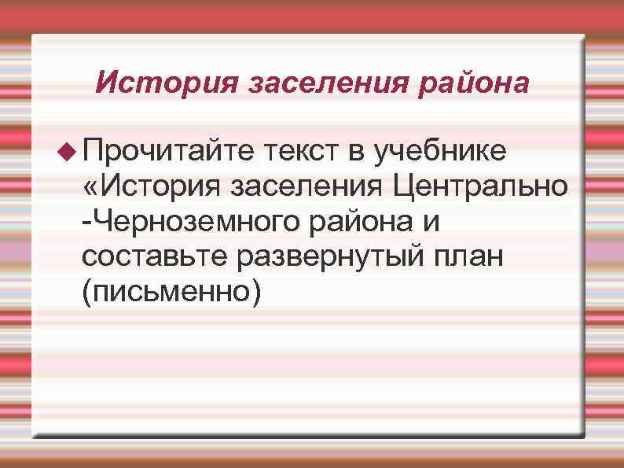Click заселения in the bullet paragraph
click(307, 187)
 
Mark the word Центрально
click(482, 187)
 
